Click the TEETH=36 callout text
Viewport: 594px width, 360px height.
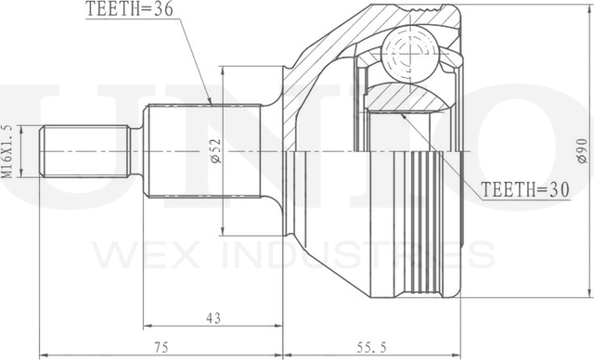[x=130, y=9]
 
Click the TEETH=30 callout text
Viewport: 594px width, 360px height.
[x=525, y=189]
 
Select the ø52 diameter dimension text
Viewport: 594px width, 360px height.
[x=215, y=150]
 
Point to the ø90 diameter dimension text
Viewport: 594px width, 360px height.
[x=583, y=151]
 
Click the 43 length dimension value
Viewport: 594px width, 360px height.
[x=213, y=318]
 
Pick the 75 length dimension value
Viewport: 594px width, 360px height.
[x=161, y=347]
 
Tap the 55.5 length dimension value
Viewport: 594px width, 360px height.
[x=371, y=347]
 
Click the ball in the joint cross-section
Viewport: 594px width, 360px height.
[x=410, y=54]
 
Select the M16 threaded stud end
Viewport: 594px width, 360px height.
[x=85, y=151]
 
